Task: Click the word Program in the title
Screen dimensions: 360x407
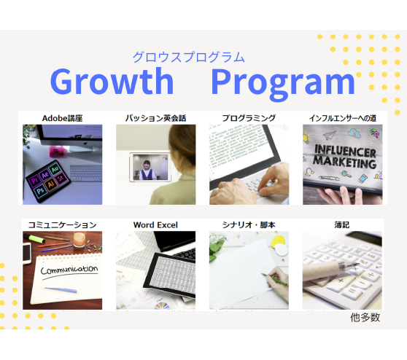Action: click(283, 82)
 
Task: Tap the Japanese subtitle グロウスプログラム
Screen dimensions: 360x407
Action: click(188, 57)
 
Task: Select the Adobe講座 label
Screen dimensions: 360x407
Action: click(62, 117)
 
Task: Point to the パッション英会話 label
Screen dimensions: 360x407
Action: click(155, 117)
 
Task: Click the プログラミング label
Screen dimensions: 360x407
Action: click(249, 117)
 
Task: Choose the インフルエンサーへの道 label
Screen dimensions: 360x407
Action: click(342, 117)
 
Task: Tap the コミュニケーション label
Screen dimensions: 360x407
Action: click(62, 224)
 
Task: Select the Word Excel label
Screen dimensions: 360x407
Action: click(155, 224)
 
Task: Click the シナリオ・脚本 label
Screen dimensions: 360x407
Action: click(249, 224)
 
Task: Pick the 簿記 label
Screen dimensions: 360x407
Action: click(341, 224)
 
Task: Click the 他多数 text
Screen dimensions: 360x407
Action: click(365, 318)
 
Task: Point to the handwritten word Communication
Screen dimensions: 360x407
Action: click(69, 270)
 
